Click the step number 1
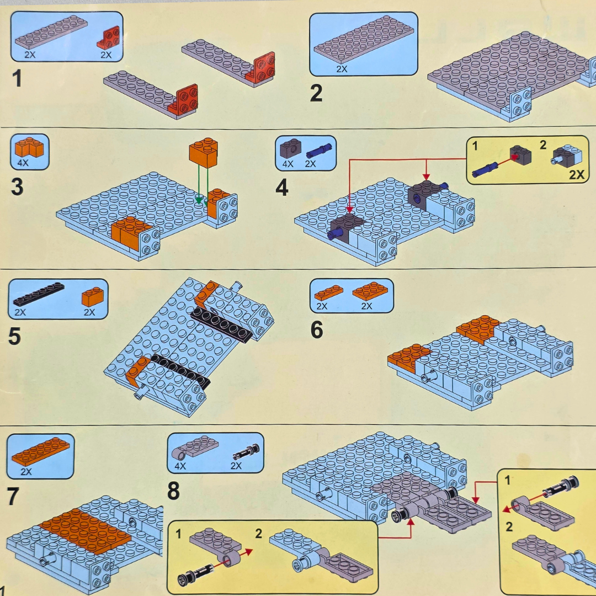coord(17,78)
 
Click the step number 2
coord(316,92)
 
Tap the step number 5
coord(14,336)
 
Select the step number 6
coord(316,330)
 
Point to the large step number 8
coord(173,491)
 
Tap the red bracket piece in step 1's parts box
coord(109,38)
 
